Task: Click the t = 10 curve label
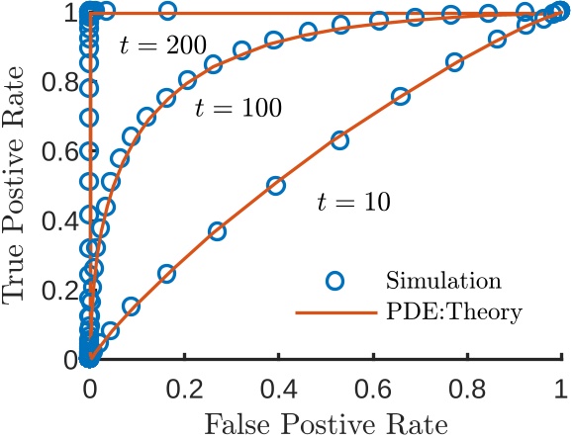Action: pos(353,201)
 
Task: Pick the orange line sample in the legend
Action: pos(334,312)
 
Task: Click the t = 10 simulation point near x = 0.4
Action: pos(276,186)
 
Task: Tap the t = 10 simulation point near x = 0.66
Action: pos(400,97)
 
